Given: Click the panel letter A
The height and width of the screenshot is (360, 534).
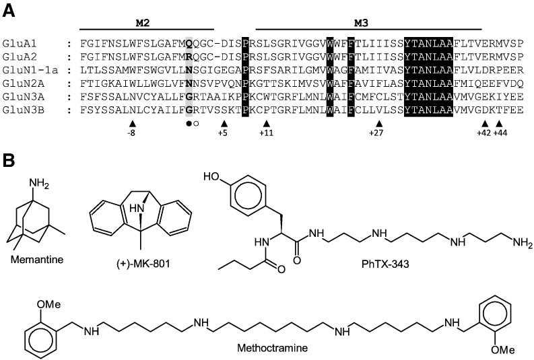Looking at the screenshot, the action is coord(9,11).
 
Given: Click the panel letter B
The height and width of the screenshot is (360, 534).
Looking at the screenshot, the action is coord(9,160).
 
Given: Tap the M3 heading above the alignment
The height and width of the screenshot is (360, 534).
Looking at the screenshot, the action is coord(361,23).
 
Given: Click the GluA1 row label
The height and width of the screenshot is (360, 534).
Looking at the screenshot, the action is coord(20,44).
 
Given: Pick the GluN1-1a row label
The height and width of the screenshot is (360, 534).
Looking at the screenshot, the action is coord(30,70).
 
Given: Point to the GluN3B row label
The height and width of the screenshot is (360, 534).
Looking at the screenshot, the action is coord(23,110).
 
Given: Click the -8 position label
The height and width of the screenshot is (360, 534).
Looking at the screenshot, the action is coord(131,133).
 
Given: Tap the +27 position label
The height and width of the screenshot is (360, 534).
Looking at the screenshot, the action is coord(376,133).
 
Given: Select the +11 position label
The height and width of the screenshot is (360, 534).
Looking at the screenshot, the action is coord(266,133).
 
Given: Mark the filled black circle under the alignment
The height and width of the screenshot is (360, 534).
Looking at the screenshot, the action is coord(189,124).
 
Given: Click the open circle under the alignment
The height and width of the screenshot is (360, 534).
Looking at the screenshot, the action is coord(195,124).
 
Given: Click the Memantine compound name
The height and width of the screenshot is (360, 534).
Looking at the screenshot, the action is coord(37,260).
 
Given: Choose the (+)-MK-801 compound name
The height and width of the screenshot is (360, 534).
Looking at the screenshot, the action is coord(142,263).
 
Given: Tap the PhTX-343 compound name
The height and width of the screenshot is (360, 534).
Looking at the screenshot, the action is coord(385,264).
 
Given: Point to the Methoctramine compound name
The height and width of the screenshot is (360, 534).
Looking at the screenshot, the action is coord(273,348).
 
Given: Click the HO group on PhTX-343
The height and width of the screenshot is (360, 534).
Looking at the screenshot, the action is coord(211,176).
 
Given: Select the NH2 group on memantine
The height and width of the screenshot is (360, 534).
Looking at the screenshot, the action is coord(39,184).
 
